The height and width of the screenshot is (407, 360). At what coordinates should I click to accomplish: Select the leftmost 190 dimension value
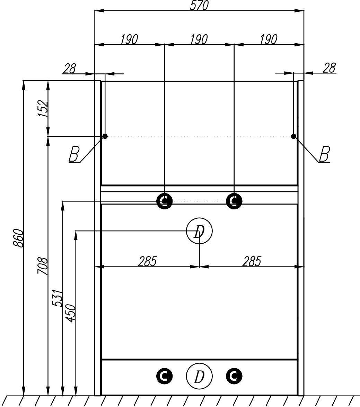[x=129, y=39]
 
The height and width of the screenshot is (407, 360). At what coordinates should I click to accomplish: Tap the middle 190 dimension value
[x=199, y=39]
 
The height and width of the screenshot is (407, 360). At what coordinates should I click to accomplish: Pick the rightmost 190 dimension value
[x=269, y=39]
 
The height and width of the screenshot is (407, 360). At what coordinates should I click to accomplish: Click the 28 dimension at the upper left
[x=69, y=69]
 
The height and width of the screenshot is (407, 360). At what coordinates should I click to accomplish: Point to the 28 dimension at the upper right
[x=329, y=68]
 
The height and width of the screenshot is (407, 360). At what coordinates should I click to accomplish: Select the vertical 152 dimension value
[x=42, y=108]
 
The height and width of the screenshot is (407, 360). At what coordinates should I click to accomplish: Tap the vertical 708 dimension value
[x=42, y=266]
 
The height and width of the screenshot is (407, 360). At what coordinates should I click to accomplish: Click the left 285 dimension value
[x=147, y=261]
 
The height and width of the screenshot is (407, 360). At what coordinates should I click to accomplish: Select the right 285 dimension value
[x=251, y=261]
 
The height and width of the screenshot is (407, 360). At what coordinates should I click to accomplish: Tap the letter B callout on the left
[x=73, y=154]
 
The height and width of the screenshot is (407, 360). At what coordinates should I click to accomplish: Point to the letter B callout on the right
[x=324, y=154]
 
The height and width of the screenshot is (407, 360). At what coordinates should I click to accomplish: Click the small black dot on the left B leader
[x=105, y=136]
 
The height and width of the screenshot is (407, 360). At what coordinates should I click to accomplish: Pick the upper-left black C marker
[x=165, y=201]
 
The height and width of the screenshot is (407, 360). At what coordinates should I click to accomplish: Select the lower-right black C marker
[x=234, y=376]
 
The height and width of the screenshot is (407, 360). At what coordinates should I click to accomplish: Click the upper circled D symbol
[x=199, y=231]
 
